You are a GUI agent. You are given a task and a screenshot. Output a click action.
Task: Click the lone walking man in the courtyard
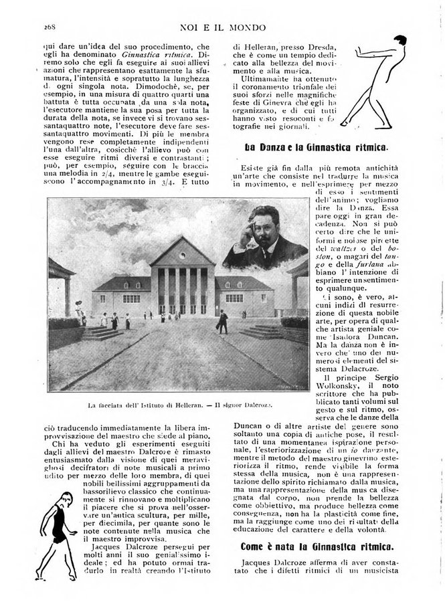pyautogui.click(x=222, y=321)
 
